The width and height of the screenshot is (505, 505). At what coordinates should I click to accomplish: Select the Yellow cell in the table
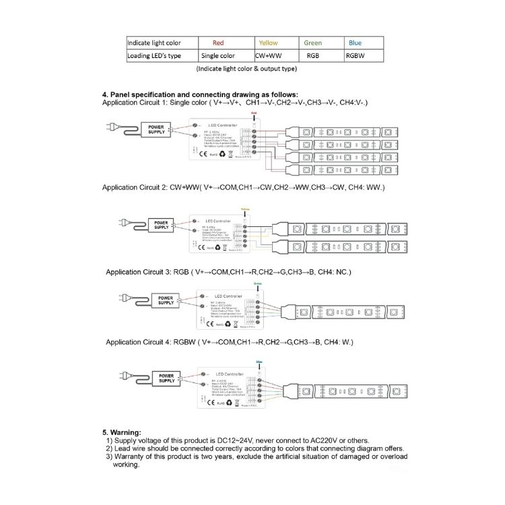pos(268,43)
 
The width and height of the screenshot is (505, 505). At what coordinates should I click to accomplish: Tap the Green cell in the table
pos(313,43)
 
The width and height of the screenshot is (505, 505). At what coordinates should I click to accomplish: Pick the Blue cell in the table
pos(355,43)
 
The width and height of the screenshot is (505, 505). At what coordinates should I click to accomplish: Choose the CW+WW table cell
pos(271,56)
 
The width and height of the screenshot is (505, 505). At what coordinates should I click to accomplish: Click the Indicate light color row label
pos(154,43)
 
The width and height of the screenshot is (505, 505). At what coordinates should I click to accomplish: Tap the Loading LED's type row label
pos(155,56)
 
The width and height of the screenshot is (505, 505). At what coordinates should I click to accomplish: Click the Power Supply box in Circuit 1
pos(156,129)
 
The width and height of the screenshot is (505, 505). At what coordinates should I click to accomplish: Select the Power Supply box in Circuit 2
pos(162,225)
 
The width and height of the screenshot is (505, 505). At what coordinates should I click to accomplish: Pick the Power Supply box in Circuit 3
pos(166,300)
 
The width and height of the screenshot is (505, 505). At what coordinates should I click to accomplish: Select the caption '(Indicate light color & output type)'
pos(246,69)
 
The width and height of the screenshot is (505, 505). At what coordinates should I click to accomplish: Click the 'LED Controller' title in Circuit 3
pos(228,296)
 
